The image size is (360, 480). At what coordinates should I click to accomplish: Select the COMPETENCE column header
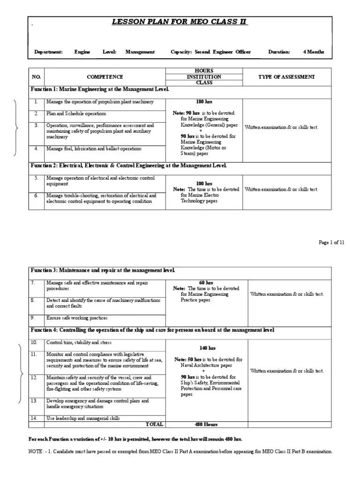tap(105, 77)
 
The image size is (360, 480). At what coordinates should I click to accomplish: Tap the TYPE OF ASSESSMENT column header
tap(286, 77)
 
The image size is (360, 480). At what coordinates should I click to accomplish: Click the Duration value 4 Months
tap(313, 52)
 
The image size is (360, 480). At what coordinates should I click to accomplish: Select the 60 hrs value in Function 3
tap(206, 283)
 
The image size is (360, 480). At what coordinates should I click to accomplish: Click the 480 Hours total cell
tap(206, 424)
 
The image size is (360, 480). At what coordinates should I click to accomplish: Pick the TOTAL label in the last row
tap(154, 424)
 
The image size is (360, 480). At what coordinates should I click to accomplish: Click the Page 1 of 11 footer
tap(331, 242)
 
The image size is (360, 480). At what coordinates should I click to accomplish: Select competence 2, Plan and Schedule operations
tap(76, 113)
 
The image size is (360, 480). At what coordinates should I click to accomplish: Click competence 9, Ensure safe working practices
tap(76, 318)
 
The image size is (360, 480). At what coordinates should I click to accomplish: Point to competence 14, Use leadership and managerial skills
tap(82, 418)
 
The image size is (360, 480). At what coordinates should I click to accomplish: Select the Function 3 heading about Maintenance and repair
tap(103, 270)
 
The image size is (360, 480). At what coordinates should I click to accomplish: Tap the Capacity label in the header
tap(181, 52)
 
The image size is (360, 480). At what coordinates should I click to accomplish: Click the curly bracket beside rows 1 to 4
tap(17, 127)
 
